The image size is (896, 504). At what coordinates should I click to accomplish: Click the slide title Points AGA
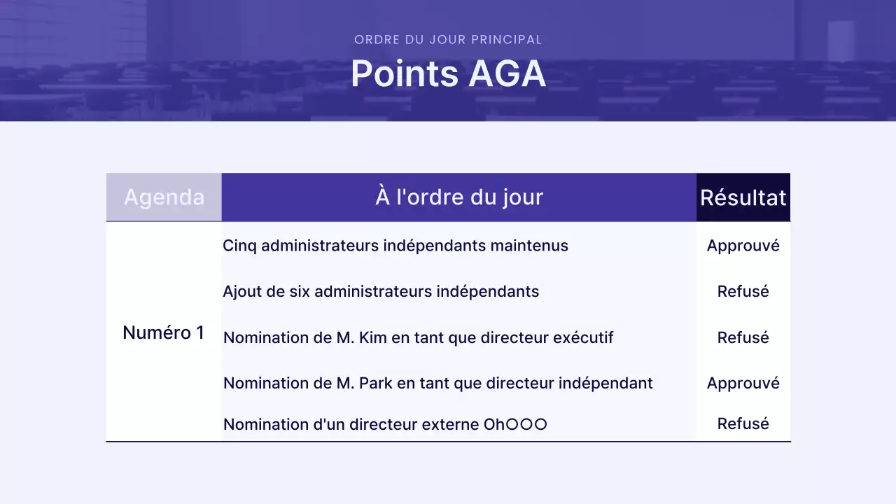tap(448, 73)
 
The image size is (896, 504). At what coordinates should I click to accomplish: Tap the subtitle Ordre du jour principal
tap(448, 40)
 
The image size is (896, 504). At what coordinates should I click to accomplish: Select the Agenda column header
tap(164, 197)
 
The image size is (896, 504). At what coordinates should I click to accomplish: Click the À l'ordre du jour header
tap(458, 197)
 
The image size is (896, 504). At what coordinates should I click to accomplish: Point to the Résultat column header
tap(743, 197)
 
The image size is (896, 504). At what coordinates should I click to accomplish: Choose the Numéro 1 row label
tap(163, 332)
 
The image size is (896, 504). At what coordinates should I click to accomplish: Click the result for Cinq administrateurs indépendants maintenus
tap(743, 246)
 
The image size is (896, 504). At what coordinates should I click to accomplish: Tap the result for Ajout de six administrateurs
tap(743, 291)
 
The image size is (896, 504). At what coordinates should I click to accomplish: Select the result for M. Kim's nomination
tap(743, 337)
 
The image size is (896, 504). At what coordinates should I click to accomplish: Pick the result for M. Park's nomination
tap(743, 383)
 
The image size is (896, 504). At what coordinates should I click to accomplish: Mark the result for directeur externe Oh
tap(743, 423)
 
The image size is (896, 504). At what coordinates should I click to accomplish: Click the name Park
tap(378, 383)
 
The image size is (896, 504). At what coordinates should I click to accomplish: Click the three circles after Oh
tap(526, 424)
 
